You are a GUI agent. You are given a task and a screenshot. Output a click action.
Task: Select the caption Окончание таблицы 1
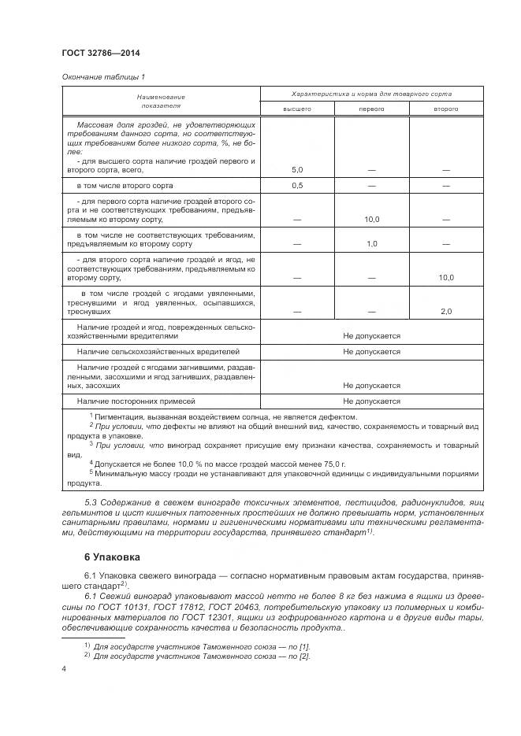click(x=103, y=76)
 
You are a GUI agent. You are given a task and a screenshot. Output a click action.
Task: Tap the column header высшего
click(x=297, y=109)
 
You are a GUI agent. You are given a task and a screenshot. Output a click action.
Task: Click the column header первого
click(x=371, y=109)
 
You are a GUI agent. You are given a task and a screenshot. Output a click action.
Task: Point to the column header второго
click(x=445, y=109)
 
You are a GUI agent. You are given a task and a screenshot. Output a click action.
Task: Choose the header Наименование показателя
click(x=161, y=101)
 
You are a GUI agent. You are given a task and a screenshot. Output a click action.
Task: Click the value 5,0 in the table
click(x=297, y=170)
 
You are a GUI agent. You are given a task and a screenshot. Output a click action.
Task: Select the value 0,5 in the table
click(x=297, y=186)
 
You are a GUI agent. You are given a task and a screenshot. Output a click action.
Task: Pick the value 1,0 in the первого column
click(x=372, y=244)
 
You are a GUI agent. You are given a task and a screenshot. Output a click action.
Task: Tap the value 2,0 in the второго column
click(x=446, y=312)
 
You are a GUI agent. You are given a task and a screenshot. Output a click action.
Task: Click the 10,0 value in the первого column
click(x=372, y=220)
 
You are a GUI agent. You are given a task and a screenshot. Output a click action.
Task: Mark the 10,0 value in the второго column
click(x=446, y=278)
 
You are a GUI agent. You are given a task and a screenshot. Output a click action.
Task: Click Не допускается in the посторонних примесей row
click(x=371, y=401)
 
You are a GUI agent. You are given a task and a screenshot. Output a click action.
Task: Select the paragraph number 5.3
click(x=91, y=502)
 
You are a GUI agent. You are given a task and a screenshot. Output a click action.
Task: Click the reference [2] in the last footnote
click(x=303, y=656)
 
